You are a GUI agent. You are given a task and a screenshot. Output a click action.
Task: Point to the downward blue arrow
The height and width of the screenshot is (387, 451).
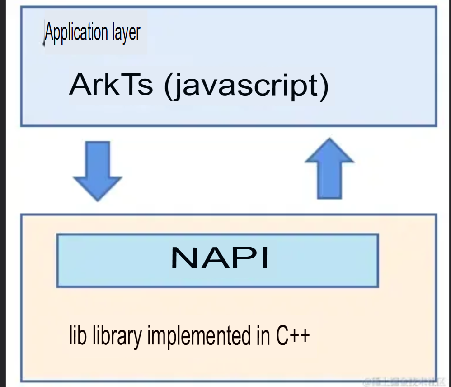98,170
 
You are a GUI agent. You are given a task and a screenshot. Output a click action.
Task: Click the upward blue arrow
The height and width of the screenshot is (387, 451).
329,168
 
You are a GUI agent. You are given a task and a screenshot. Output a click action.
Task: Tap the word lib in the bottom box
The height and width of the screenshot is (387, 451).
76,335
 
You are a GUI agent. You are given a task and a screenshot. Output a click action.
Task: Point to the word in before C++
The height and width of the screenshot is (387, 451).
261,335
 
